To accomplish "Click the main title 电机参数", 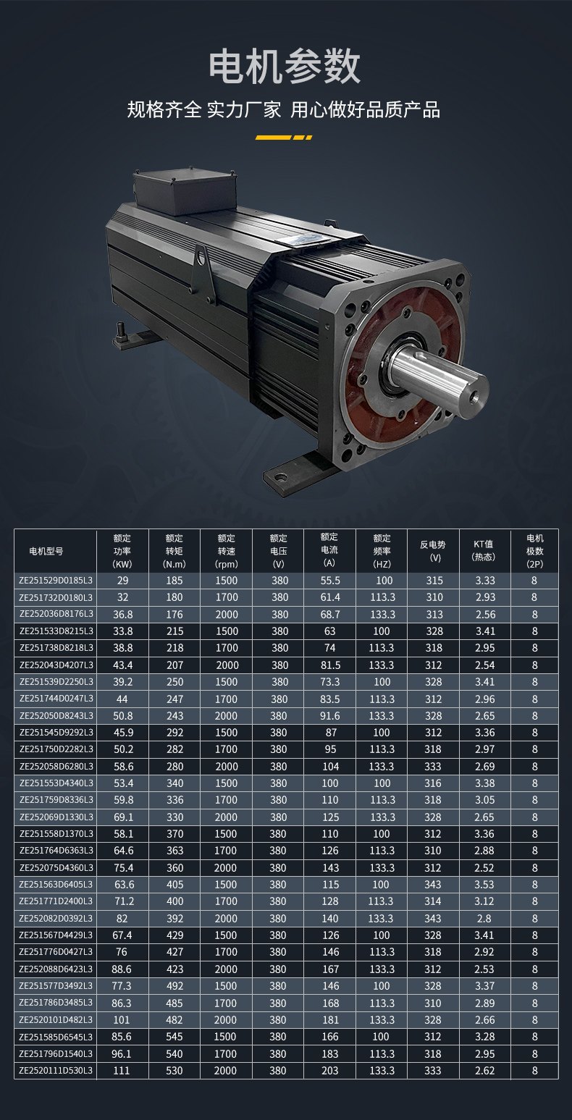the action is [x=285, y=66].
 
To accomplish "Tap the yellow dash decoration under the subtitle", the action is [x=284, y=137].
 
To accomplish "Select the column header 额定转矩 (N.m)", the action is [x=174, y=551].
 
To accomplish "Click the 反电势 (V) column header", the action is [x=433, y=551].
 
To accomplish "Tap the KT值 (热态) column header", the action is [x=484, y=550].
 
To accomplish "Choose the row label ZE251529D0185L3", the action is [x=56, y=581].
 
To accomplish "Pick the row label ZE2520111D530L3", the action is [x=56, y=1071].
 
